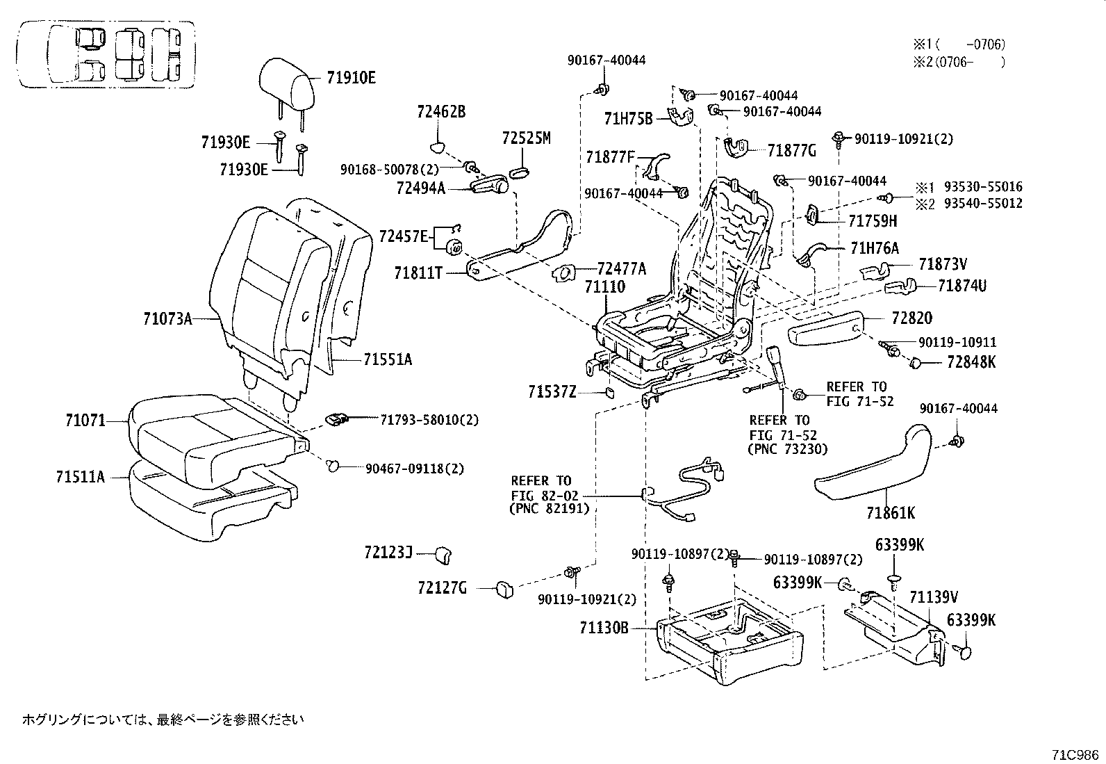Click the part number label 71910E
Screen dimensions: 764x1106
pyautogui.click(x=351, y=78)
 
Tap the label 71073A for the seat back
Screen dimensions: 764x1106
pyautogui.click(x=167, y=319)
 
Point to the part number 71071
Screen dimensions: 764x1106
pyautogui.click(x=85, y=421)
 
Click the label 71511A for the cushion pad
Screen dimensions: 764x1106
pyautogui.click(x=81, y=477)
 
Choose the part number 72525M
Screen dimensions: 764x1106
pyautogui.click(x=526, y=138)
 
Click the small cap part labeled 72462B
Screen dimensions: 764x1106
pyautogui.click(x=436, y=146)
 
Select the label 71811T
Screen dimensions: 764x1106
pyautogui.click(x=419, y=273)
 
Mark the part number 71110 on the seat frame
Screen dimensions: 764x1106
pyautogui.click(x=604, y=287)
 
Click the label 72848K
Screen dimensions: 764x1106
pyautogui.click(x=971, y=362)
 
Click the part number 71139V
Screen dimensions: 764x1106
pyautogui.click(x=934, y=596)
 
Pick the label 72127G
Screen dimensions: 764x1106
pyautogui.click(x=442, y=589)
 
